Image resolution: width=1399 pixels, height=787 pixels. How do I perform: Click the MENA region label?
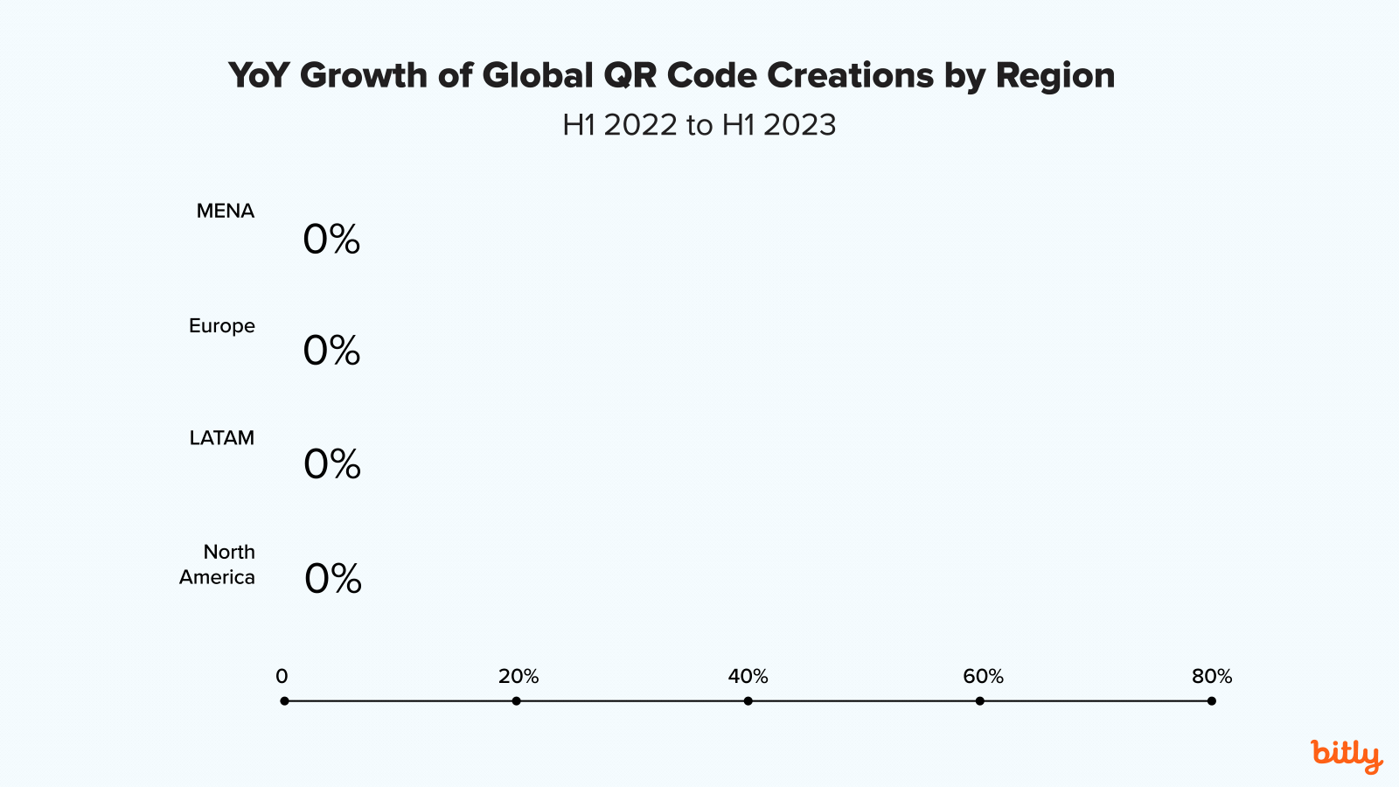pos(225,212)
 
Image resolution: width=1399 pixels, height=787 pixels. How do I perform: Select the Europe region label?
pos(221,326)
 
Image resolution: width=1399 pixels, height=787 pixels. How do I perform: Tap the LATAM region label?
pos(221,438)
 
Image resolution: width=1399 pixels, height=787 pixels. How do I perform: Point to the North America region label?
pos(218,565)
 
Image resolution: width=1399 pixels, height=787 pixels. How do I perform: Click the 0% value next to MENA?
pos(331,240)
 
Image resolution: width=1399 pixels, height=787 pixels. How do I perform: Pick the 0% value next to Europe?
pos(331,351)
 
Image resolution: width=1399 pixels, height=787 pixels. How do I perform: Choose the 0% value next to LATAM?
pos(332,464)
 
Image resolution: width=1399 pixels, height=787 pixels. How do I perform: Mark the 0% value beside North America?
pos(333,579)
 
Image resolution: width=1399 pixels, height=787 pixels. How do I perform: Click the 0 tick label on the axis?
pos(282,677)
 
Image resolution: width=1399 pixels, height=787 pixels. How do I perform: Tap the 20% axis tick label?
pos(519,677)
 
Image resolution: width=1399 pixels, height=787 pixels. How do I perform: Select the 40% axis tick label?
pos(748,677)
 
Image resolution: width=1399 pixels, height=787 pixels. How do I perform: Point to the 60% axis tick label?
pos(983,677)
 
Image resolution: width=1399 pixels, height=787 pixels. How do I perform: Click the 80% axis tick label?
pos(1212,677)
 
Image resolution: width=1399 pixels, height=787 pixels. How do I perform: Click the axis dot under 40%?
pos(748,700)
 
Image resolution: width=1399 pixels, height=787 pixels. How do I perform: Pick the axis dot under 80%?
pos(1211,700)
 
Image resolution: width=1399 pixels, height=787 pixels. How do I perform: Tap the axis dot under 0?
pos(284,700)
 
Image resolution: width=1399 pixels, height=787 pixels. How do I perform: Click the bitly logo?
pos(1347,756)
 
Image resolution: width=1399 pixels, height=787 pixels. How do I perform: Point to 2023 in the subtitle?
pos(799,125)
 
